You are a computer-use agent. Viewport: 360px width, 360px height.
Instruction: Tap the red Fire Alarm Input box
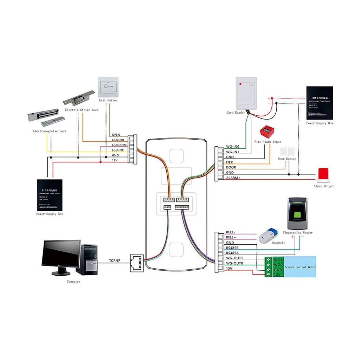pos(266,132)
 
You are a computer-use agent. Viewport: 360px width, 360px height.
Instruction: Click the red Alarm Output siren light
pos(323,175)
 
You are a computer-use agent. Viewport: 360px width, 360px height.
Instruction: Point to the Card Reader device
pos(246,93)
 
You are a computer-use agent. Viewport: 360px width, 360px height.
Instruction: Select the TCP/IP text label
pos(115,261)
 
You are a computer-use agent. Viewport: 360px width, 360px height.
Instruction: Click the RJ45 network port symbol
pos(137,263)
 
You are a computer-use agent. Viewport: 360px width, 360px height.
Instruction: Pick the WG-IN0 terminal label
pos(232,147)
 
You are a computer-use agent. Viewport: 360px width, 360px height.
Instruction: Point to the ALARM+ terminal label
pos(232,178)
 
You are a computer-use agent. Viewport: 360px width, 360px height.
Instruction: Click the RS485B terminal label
pos(232,248)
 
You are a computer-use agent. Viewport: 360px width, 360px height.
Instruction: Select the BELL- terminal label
pos(231,232)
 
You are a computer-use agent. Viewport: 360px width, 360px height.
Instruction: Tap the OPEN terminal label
pos(116,135)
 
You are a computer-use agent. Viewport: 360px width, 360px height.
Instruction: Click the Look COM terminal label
pos(119,145)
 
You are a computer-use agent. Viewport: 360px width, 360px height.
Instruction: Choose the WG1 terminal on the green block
pos(278,259)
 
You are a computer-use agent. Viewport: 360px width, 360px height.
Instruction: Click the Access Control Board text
pos(300,267)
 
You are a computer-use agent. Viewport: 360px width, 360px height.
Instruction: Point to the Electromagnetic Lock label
pos(49,131)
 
